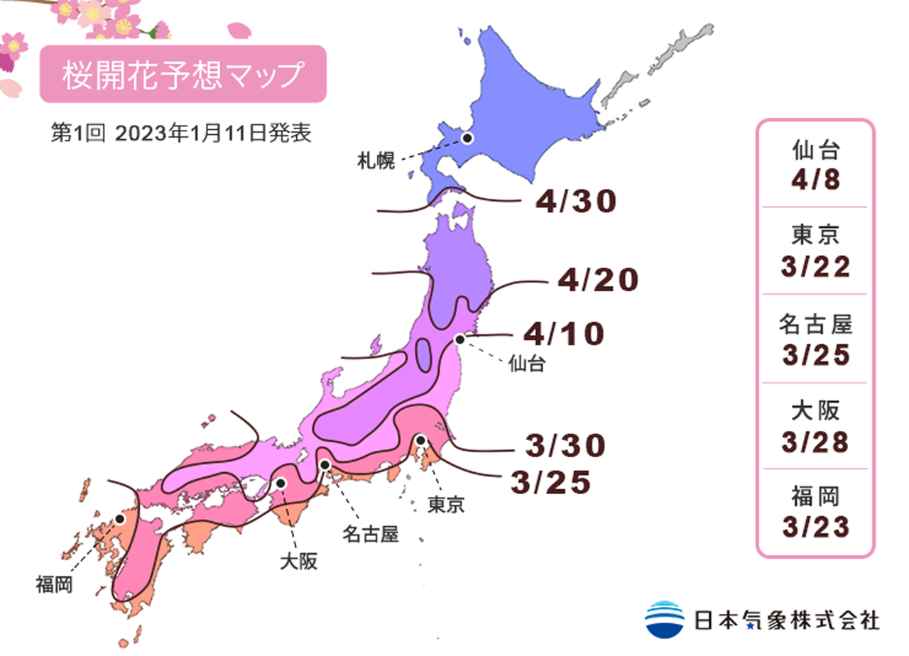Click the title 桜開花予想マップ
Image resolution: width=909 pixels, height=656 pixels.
pyautogui.click(x=183, y=75)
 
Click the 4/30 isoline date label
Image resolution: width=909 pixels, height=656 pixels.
pyautogui.click(x=576, y=202)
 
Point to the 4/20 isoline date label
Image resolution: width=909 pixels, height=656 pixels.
pyautogui.click(x=597, y=281)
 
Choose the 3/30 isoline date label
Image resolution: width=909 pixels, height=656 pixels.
pyautogui.click(x=565, y=445)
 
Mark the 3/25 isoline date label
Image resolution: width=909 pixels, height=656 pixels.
pyautogui.click(x=550, y=482)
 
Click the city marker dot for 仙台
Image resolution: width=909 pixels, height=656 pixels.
pyautogui.click(x=459, y=339)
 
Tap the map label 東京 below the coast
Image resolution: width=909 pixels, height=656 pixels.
pyautogui.click(x=446, y=505)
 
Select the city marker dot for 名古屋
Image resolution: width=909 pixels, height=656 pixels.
pyautogui.click(x=325, y=464)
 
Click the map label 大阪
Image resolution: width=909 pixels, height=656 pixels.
pyautogui.click(x=298, y=562)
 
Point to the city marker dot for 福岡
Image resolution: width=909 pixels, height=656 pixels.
pyautogui.click(x=120, y=519)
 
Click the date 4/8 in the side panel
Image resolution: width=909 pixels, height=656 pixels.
pyautogui.click(x=816, y=180)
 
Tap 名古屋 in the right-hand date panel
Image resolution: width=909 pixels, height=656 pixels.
pyautogui.click(x=816, y=325)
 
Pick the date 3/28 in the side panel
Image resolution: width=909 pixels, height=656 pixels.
pyautogui.click(x=816, y=442)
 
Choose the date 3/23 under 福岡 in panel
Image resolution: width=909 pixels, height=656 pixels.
pyautogui.click(x=816, y=527)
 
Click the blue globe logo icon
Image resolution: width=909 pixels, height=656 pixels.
pyautogui.click(x=665, y=618)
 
